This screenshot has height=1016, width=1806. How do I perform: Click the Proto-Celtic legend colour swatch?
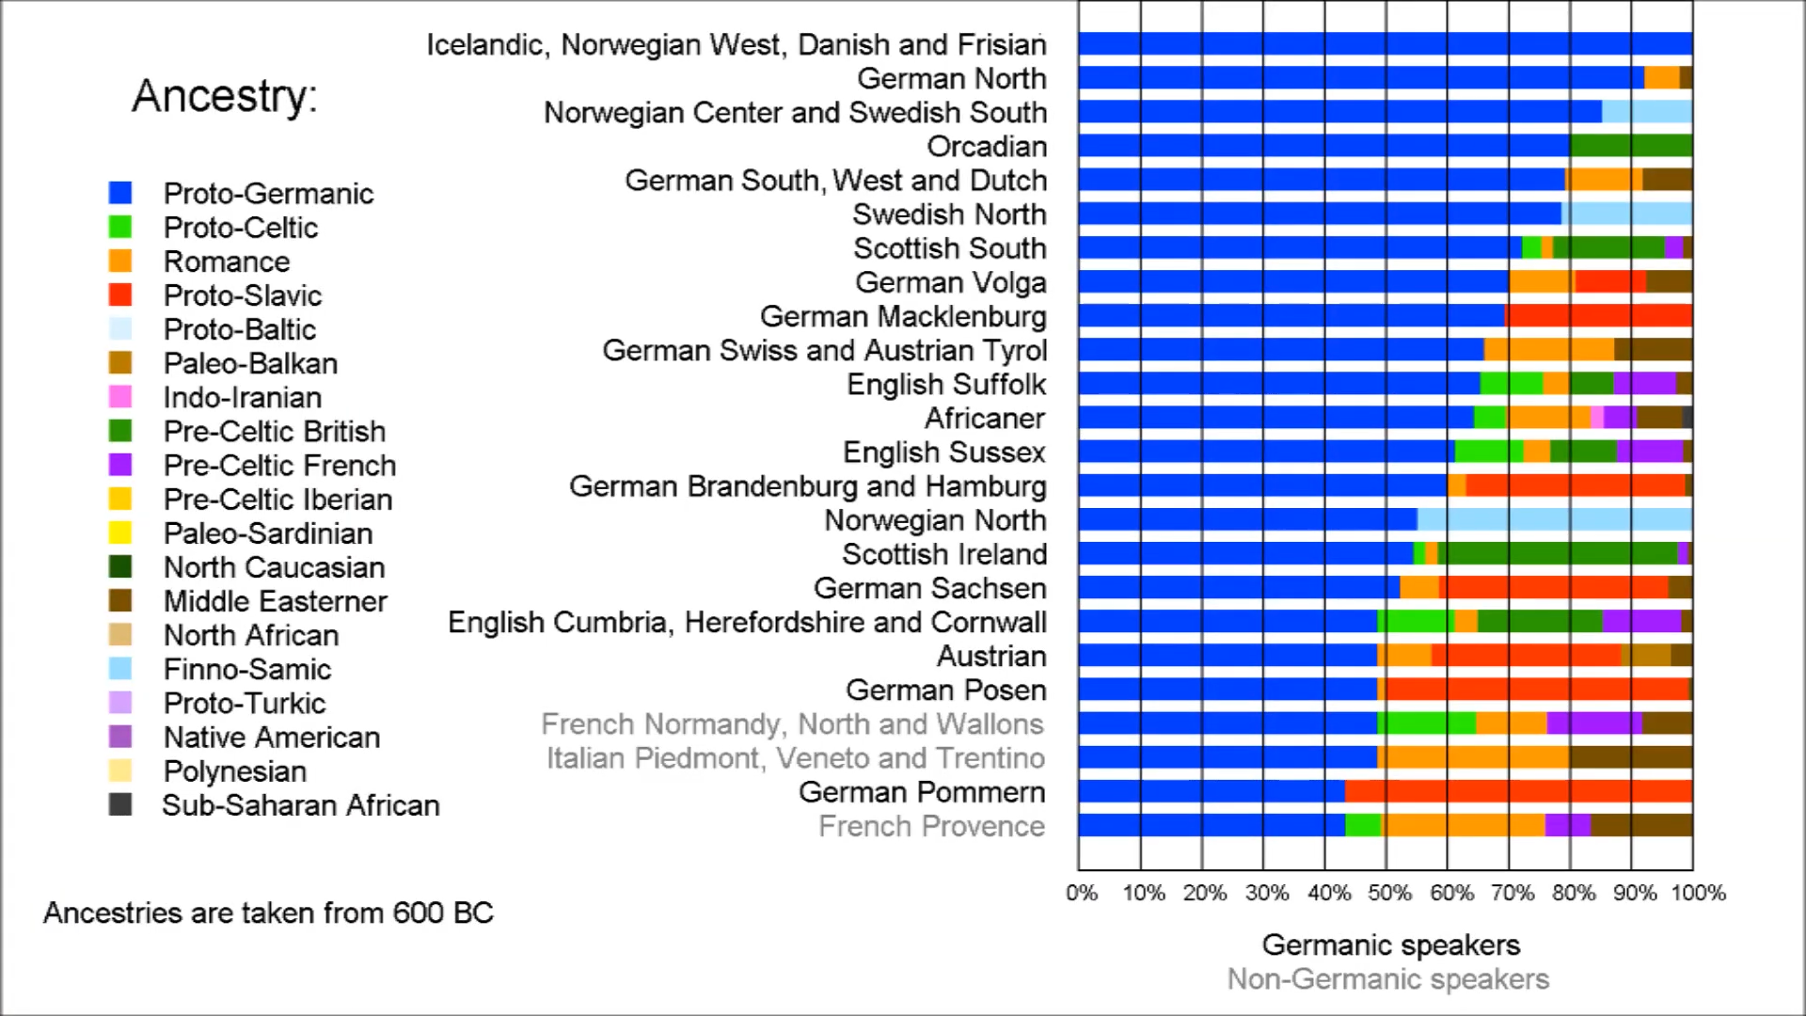pos(120,227)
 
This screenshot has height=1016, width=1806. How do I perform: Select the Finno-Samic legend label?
pos(246,669)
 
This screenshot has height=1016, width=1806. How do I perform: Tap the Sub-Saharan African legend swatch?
pos(120,804)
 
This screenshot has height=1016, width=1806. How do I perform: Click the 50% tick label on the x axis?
pos(1389,893)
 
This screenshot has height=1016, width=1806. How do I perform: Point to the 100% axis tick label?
pos(1698,893)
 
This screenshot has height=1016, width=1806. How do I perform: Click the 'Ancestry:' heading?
pos(225,96)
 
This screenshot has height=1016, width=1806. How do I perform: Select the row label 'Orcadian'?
pos(987,147)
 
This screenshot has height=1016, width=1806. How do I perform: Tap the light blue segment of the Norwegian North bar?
pos(1554,520)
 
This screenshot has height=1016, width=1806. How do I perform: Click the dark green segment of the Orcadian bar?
pos(1630,146)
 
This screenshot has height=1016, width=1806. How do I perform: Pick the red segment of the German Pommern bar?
pos(1518,791)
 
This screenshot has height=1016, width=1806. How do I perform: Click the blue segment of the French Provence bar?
pos(1212,825)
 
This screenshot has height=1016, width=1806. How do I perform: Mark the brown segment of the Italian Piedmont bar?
pos(1630,757)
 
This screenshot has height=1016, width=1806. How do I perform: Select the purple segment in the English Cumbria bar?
pos(1641,622)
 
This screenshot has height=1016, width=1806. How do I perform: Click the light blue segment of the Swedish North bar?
pos(1626,214)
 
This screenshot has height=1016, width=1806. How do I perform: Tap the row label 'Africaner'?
pos(985,419)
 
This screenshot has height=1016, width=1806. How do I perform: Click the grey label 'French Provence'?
pos(931,826)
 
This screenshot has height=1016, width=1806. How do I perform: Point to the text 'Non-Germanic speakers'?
pos(1387,979)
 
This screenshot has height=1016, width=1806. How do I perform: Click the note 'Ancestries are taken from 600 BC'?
pos(268,913)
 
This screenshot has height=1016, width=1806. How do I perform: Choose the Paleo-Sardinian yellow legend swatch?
pos(120,532)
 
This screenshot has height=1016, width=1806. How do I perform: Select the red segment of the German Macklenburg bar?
pos(1598,316)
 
